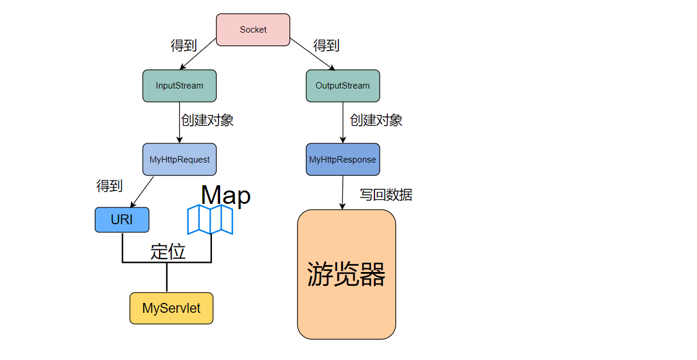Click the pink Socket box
253,30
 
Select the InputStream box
179,86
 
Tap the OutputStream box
342,86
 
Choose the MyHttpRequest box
179,159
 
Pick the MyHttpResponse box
342,159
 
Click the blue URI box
122,220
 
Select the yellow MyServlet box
171,308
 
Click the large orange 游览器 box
346,274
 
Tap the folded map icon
210,220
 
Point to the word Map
225,195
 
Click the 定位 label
168,252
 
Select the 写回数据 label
385,195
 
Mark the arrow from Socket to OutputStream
313,54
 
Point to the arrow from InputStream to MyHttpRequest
179,122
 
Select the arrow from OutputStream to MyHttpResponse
342,122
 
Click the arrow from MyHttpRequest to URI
142,192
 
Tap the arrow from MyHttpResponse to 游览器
342,192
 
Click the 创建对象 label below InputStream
207,121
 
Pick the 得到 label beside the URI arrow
109,186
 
